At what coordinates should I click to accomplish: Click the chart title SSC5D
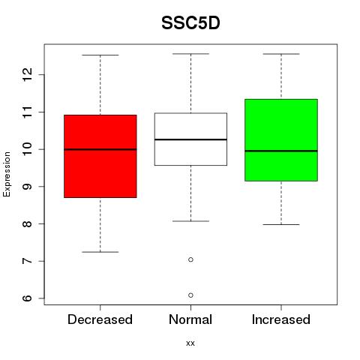190,23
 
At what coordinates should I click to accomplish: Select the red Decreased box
100,156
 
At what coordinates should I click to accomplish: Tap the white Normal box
190,139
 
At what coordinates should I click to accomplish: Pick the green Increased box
281,140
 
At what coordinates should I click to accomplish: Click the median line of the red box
100,149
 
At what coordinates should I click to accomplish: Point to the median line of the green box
281,151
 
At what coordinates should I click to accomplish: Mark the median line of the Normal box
190,139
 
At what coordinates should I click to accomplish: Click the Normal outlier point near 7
190,259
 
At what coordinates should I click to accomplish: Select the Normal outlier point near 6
190,295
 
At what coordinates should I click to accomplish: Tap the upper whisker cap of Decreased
100,55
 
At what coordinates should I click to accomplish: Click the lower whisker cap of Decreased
100,252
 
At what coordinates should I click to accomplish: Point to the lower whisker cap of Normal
190,221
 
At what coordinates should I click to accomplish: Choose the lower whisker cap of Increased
281,224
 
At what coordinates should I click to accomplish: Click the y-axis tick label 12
28,74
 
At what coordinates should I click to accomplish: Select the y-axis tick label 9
28,187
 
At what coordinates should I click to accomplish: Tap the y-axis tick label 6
28,298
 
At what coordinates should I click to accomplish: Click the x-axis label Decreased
100,319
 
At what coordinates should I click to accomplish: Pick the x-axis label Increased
281,319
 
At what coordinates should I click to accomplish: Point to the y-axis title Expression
7,174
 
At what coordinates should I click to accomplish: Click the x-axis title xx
190,343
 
